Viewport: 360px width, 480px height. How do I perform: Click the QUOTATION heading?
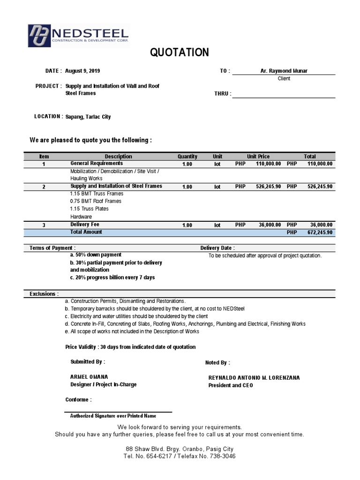pyautogui.click(x=180, y=53)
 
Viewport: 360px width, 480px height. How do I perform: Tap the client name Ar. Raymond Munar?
pyautogui.click(x=284, y=71)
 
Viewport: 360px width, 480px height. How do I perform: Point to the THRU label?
pyautogui.click(x=222, y=94)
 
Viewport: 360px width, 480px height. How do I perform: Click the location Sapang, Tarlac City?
pyautogui.click(x=88, y=117)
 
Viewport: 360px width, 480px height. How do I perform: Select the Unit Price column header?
pyautogui.click(x=258, y=157)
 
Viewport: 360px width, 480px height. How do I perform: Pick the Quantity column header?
pyautogui.click(x=187, y=157)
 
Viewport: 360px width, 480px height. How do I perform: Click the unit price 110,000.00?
pyautogui.click(x=268, y=164)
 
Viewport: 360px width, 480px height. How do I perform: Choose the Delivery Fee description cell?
pyautogui.click(x=85, y=225)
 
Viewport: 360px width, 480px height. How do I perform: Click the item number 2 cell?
pyautogui.click(x=44, y=187)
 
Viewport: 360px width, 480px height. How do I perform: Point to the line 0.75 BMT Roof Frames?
pyautogui.click(x=96, y=201)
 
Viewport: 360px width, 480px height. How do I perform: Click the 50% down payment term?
pyautogui.click(x=96, y=255)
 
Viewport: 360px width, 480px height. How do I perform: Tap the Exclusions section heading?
pyautogui.click(x=44, y=294)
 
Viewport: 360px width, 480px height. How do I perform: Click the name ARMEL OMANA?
pyautogui.click(x=89, y=377)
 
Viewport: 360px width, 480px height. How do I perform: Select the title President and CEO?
pyautogui.click(x=230, y=385)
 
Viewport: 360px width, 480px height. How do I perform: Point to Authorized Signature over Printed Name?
pyautogui.click(x=113, y=416)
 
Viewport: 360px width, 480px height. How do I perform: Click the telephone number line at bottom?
pyautogui.click(x=180, y=456)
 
